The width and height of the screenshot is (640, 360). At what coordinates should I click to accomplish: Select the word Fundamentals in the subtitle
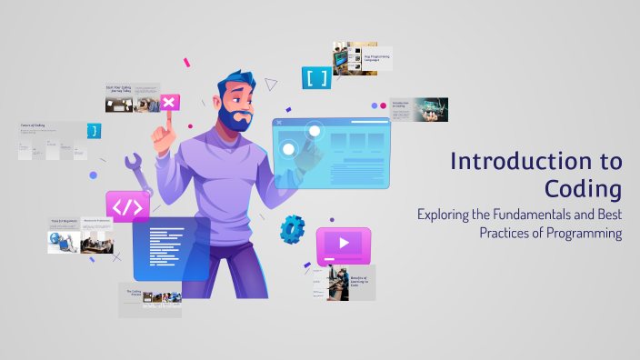535,215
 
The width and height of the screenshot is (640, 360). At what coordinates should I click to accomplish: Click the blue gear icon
292,228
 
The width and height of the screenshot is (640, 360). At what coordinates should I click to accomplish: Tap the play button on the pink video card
344,243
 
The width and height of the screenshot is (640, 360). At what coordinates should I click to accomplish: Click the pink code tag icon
127,206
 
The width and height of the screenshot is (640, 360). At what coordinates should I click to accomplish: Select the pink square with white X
168,103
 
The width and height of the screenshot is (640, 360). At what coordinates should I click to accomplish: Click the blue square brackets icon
316,78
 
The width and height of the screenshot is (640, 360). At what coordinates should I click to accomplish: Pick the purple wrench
139,172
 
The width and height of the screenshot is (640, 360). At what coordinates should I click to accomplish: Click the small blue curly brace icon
93,131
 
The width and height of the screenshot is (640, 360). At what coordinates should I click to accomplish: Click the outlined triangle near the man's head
270,85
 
